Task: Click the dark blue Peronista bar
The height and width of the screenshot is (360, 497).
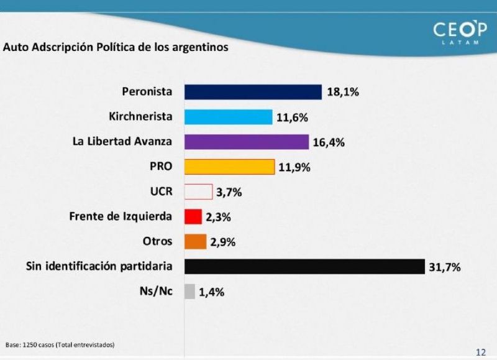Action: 253,92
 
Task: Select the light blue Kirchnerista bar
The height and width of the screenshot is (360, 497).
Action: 229,117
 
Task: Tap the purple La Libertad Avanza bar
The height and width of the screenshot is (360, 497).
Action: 247,142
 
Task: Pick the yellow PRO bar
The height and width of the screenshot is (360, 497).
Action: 229,167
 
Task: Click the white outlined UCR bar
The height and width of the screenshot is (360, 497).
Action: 198,192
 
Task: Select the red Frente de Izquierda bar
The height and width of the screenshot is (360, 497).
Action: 193,216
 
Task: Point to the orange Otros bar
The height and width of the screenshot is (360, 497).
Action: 196,241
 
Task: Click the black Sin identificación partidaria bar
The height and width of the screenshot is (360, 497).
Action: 304,266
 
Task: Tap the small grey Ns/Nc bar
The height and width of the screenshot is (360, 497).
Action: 190,292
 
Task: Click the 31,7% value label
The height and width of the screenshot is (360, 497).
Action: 445,267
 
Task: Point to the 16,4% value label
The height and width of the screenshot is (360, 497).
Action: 329,142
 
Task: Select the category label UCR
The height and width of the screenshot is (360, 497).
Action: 161,192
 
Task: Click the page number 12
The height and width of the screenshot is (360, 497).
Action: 481,352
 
